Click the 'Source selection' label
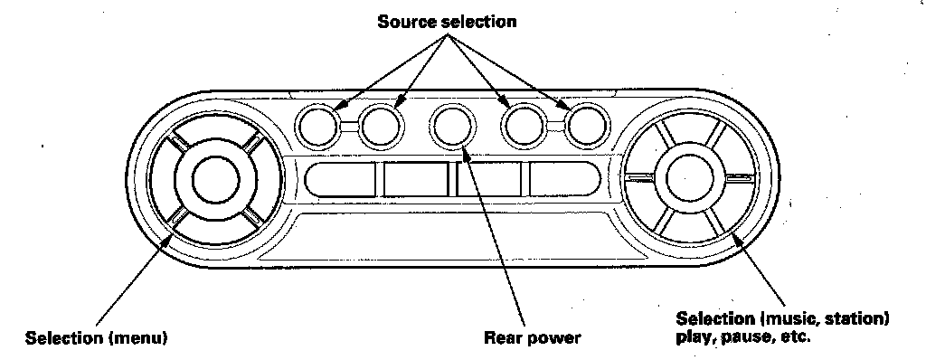click(447, 22)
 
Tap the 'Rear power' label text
click(532, 337)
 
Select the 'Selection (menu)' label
click(96, 337)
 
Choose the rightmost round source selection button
click(587, 126)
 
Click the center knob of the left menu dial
click(215, 179)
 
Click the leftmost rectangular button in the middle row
click(340, 178)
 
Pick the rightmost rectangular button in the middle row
click(564, 178)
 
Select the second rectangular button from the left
click(416, 178)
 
